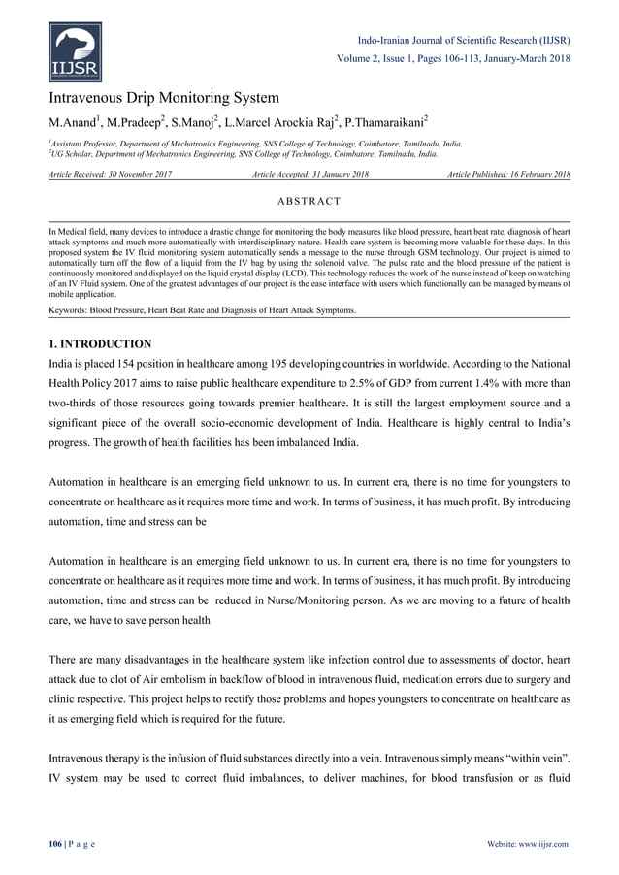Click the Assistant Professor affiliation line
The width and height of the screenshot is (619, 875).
255,144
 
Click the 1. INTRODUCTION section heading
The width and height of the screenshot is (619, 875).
100,343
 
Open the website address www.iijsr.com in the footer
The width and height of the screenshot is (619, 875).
546,844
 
